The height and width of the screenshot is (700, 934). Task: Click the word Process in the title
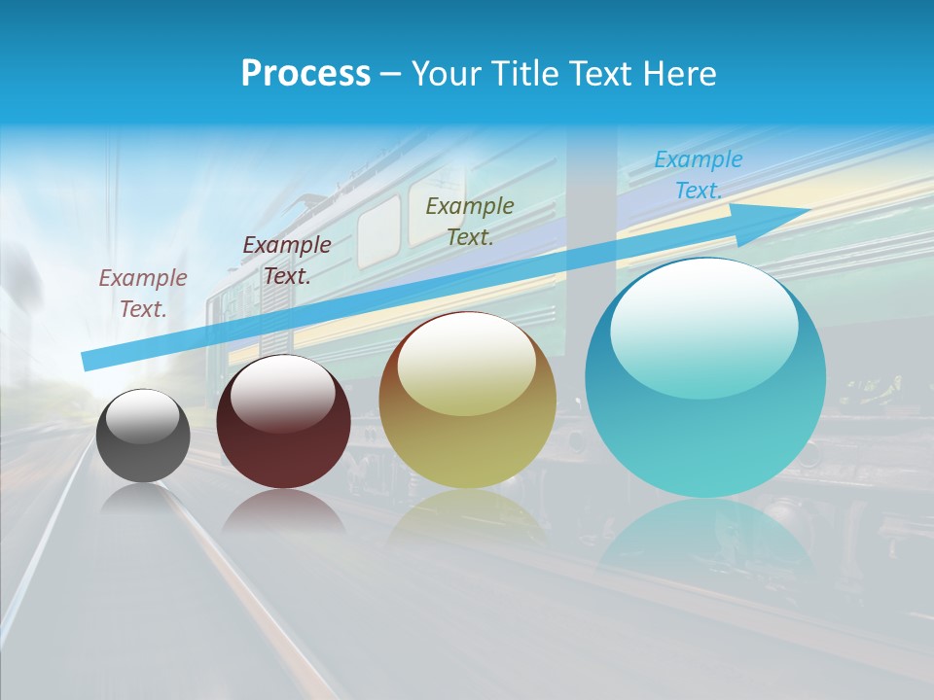(x=305, y=73)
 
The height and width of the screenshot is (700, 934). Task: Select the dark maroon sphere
(x=283, y=428)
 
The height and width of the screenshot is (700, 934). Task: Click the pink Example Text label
(x=143, y=294)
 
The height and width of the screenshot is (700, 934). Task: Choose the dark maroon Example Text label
(x=287, y=260)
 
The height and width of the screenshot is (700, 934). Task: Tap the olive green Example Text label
(x=470, y=221)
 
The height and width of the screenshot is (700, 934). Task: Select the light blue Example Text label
(x=698, y=175)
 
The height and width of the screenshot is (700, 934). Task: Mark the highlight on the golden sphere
(x=466, y=365)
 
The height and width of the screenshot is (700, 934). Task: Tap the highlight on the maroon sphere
(x=283, y=395)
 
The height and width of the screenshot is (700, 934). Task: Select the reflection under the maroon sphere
(x=283, y=510)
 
